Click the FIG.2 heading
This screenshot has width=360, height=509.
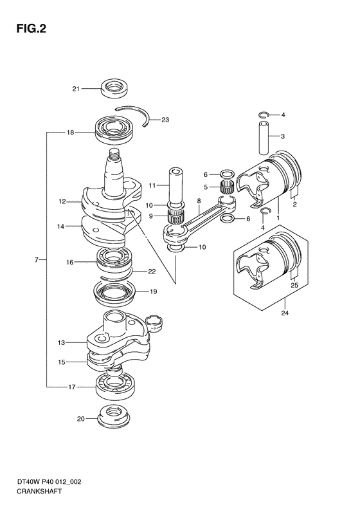pyautogui.click(x=31, y=28)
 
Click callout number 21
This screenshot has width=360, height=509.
pyautogui.click(x=76, y=89)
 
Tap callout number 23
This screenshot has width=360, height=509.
pyautogui.click(x=165, y=120)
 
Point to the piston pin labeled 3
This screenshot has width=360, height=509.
pyautogui.click(x=264, y=138)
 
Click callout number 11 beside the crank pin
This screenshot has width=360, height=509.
pyautogui.click(x=152, y=185)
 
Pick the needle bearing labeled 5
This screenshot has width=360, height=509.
pyautogui.click(x=228, y=188)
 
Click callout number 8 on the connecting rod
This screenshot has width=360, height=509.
pyautogui.click(x=199, y=201)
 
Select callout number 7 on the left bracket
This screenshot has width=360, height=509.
pyautogui.click(x=37, y=260)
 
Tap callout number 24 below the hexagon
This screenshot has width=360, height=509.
pyautogui.click(x=285, y=313)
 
